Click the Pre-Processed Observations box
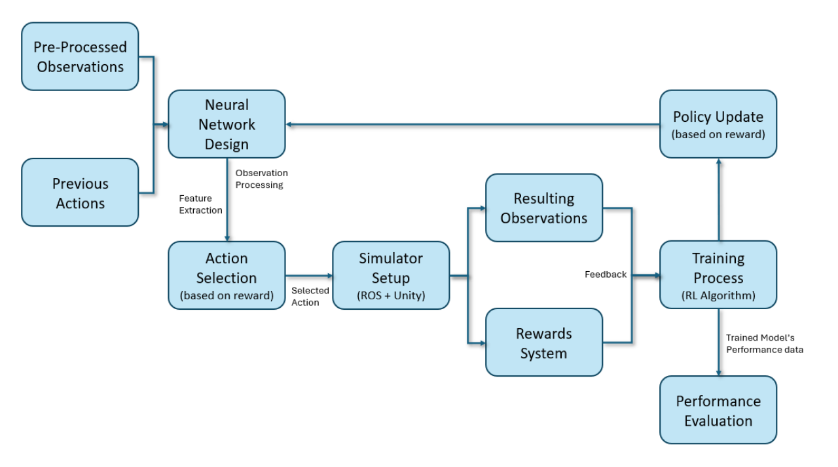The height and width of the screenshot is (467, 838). pos(80,57)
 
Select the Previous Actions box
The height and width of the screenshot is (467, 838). pos(80,193)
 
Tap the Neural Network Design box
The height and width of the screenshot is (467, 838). pos(227,124)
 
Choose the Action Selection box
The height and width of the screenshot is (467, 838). pos(227,275)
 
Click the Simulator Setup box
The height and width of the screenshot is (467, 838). pos(391,275)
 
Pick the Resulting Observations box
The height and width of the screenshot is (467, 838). pos(543,208)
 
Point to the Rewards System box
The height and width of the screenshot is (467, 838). pos(543,343)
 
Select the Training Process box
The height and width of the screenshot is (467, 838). pos(718,275)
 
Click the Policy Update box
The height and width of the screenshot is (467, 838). pos(718,124)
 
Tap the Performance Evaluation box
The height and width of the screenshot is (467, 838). pos(718,410)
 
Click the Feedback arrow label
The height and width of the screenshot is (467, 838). pos(606,274)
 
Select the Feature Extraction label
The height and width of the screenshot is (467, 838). pos(200,204)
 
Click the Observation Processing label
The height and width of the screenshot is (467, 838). pos(261,179)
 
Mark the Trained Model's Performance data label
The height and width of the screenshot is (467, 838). pos(764,343)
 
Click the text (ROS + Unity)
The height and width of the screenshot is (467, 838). pos(391,295)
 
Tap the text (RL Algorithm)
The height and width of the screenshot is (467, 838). pos(718,295)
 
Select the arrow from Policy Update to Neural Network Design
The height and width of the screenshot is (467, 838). pos(471,124)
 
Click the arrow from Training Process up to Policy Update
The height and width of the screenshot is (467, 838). pos(718,200)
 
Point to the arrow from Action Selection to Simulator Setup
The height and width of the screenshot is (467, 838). pos(309,276)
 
